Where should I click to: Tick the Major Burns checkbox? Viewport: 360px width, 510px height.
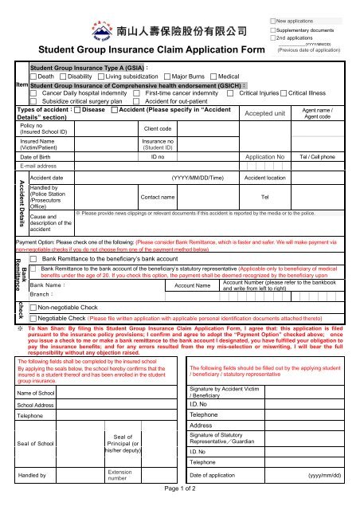pyautogui.click(x=165, y=76)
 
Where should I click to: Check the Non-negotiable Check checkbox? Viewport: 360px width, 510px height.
pyautogui.click(x=34, y=306)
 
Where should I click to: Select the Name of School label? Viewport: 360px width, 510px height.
pyautogui.click(x=37, y=394)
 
